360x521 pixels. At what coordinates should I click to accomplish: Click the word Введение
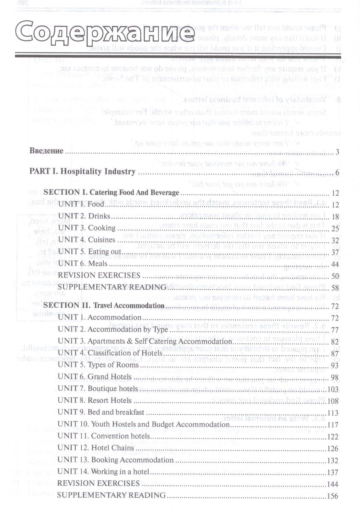pos(46,151)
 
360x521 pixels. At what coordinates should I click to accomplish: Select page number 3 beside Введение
pos(337,152)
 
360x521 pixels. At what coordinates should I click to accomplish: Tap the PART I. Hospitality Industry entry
pos(82,171)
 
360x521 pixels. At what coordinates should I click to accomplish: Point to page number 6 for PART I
pos(337,173)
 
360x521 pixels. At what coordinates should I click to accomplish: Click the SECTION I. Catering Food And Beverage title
pos(111,193)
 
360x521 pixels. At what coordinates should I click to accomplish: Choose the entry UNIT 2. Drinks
pos(84,216)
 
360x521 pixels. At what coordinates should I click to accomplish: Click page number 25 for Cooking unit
pos(335,229)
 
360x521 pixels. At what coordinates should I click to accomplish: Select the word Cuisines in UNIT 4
pos(102,240)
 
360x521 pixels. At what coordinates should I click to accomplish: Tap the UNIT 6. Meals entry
pos(83,263)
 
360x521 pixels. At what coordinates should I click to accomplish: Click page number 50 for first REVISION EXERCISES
pos(335,277)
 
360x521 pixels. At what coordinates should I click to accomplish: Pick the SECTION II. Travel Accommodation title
pos(104,305)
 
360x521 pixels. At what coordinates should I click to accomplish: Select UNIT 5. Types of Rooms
pos(98,365)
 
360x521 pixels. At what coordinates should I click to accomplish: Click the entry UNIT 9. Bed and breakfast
pos(101,412)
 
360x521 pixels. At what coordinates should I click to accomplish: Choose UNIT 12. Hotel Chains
pos(95,448)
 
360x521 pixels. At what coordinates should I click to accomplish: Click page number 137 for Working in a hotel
pos(333,472)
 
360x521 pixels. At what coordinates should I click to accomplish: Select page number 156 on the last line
pos(333,496)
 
